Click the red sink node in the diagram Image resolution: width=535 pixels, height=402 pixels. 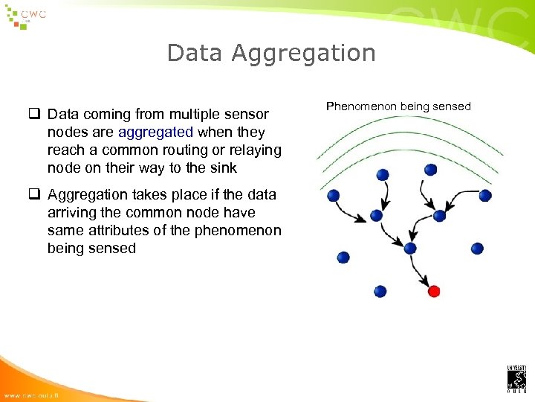tap(435, 291)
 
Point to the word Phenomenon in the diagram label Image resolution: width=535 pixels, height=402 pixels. tap(361, 106)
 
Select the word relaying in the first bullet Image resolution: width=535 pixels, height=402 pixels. tap(256, 150)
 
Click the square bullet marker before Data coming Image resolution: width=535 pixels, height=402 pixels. tap(34, 115)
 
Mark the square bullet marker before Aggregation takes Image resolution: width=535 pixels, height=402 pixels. tap(34, 195)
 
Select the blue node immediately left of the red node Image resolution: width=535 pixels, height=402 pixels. tap(380, 291)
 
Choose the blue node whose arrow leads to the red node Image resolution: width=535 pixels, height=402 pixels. tap(409, 248)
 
